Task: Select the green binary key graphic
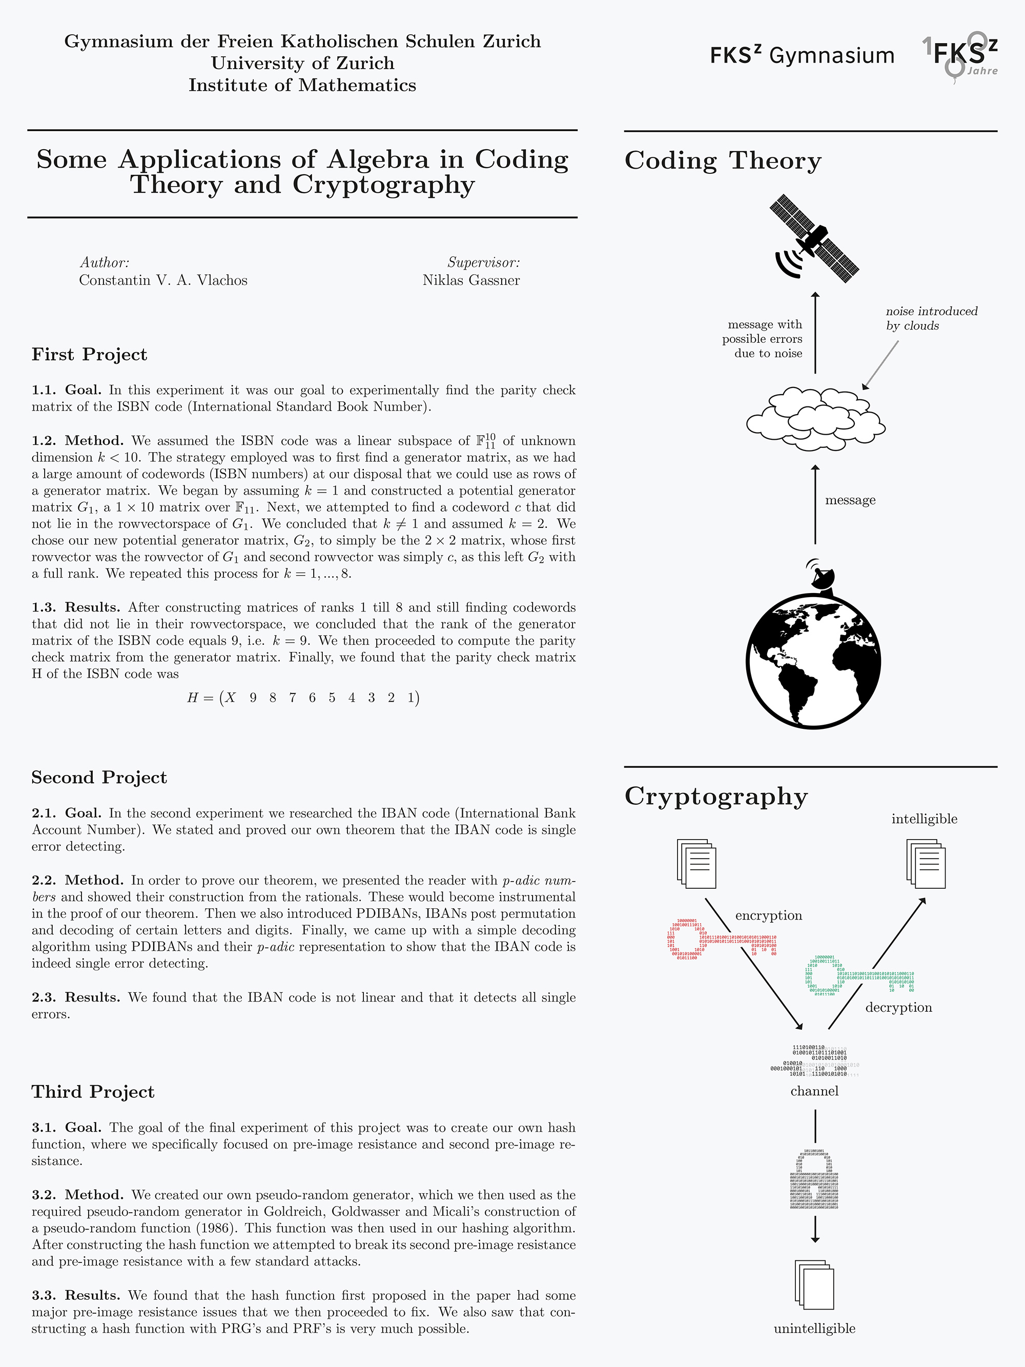click(859, 976)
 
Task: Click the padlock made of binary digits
click(815, 1178)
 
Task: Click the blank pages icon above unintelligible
click(814, 1285)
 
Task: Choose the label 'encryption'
click(769, 915)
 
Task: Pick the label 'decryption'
click(898, 1007)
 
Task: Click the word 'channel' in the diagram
click(814, 1091)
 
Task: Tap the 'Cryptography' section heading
click(716, 796)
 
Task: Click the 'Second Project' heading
click(99, 778)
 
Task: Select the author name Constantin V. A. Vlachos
click(163, 280)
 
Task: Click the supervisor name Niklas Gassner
click(471, 280)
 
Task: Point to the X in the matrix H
click(230, 698)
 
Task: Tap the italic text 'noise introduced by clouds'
click(931, 318)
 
